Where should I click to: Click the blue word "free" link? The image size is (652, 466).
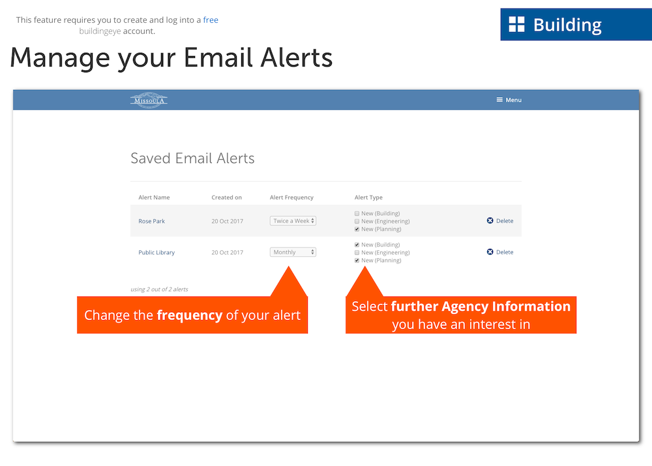[x=211, y=20]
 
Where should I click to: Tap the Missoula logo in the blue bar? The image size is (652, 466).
[x=149, y=100]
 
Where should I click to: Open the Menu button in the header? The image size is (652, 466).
[x=509, y=100]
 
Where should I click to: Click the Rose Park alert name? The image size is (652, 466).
[x=151, y=221]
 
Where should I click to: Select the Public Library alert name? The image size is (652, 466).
[x=156, y=252]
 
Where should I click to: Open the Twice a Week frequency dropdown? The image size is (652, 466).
[x=293, y=221]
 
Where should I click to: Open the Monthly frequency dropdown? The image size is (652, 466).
[x=293, y=252]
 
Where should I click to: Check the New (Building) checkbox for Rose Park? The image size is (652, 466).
[x=357, y=214]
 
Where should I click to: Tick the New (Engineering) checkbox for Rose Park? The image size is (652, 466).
[x=357, y=222]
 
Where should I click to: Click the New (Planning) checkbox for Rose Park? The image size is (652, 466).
[x=357, y=229]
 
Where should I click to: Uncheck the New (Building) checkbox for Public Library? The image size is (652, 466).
[x=357, y=245]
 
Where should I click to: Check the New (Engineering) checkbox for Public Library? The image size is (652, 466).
[x=357, y=253]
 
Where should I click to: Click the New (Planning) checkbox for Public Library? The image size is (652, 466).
[x=357, y=261]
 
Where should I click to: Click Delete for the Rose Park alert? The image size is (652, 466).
[x=500, y=221]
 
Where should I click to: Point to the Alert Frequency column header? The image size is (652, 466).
[x=291, y=197]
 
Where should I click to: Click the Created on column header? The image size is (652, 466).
[x=227, y=197]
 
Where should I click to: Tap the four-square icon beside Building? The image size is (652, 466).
[x=517, y=24]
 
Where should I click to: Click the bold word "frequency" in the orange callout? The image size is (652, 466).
[x=190, y=315]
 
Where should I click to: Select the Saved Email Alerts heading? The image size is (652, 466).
[x=192, y=158]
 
